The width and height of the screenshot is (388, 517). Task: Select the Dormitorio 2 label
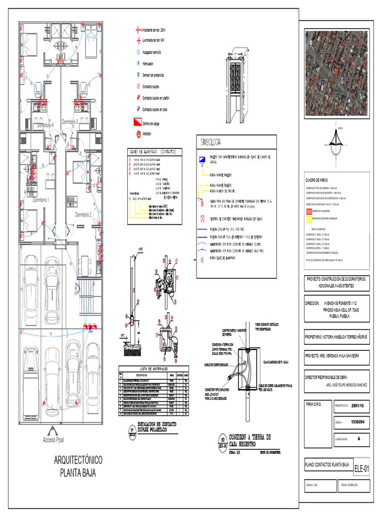tap(84, 215)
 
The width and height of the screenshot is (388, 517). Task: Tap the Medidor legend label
tap(149, 134)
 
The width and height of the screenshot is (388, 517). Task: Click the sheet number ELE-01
tap(361, 469)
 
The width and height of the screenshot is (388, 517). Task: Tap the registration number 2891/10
tap(358, 405)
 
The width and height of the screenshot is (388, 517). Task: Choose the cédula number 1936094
tap(358, 422)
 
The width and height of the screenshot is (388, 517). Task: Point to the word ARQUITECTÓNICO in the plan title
tap(78, 460)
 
